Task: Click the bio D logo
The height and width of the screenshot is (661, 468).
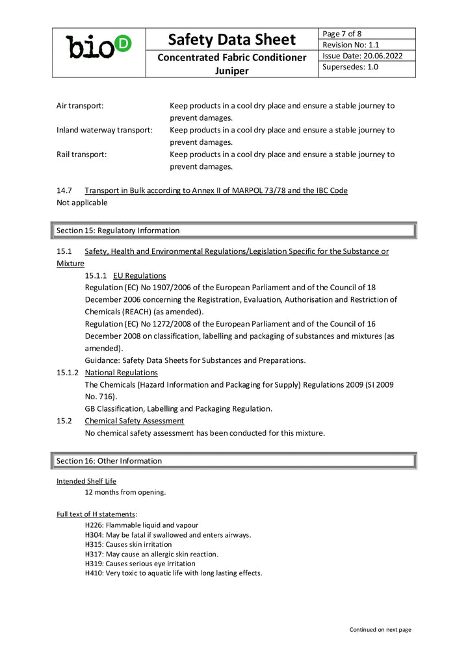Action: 99,47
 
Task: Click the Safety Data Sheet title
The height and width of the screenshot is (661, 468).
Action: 232,40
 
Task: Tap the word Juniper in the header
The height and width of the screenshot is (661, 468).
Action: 232,71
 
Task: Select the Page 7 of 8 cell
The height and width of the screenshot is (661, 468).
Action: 343,34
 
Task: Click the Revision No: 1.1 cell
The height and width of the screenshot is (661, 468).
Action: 351,45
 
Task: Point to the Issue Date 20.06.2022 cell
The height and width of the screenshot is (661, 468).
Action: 362,56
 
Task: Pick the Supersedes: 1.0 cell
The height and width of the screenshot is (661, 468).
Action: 350,67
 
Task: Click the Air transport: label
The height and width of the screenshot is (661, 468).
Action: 80,105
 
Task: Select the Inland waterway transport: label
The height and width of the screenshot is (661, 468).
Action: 104,130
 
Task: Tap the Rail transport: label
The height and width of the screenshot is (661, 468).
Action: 82,155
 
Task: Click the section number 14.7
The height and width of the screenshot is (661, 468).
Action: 64,190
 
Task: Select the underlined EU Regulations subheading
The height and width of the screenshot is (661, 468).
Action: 139,275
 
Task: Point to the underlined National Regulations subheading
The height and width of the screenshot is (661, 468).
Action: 121,373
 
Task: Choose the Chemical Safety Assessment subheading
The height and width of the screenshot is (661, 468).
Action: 134,421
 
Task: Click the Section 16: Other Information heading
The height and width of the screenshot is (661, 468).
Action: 109,461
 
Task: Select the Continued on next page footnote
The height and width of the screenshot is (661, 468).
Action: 380,629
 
